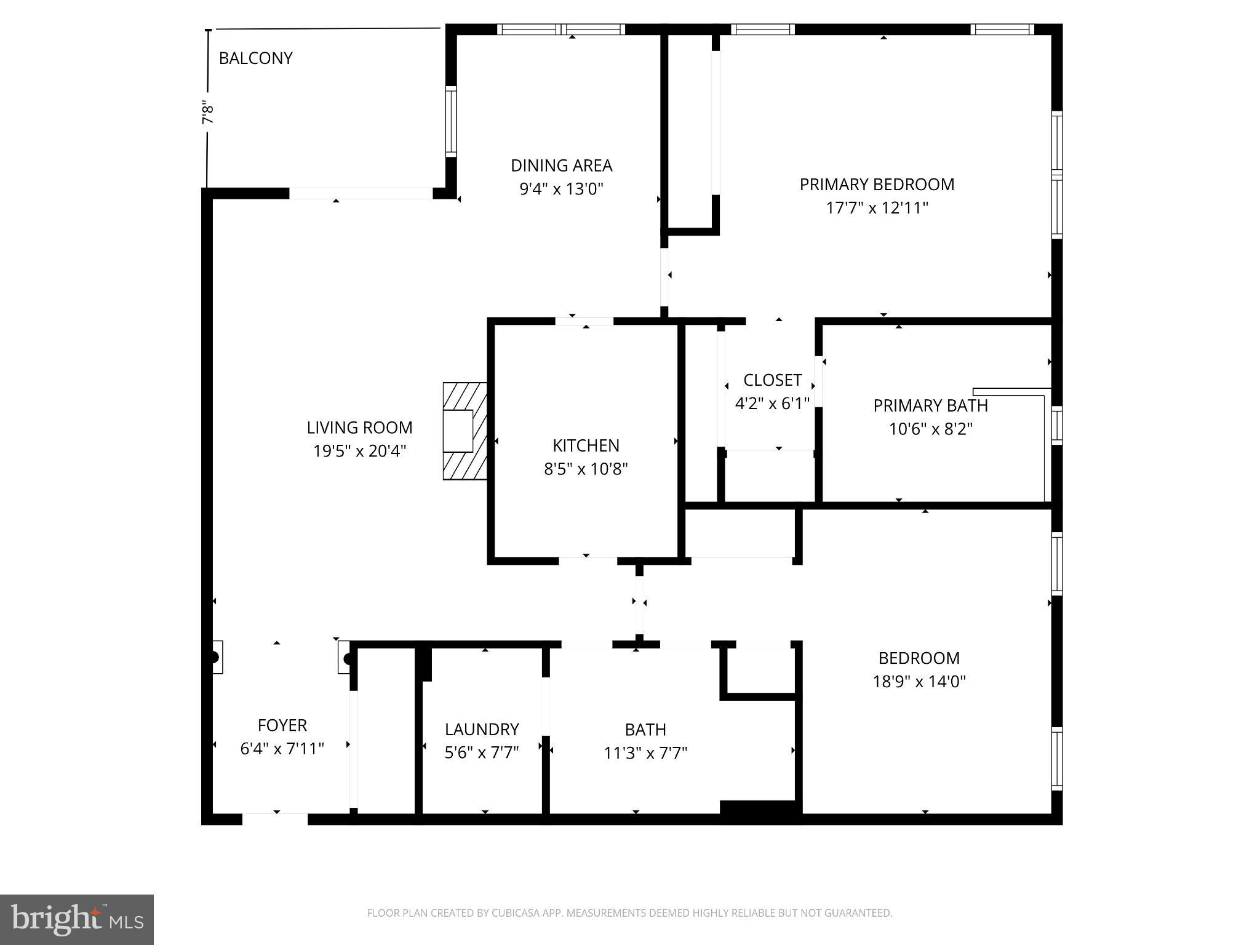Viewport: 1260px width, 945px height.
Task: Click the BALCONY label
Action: (x=255, y=58)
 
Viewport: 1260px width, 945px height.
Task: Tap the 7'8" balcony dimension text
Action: (x=208, y=113)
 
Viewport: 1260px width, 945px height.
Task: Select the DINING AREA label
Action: (x=561, y=165)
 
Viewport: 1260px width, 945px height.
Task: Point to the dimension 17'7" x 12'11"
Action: (x=876, y=208)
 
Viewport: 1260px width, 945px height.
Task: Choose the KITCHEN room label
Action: (x=585, y=445)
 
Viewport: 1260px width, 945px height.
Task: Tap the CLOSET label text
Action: (x=772, y=380)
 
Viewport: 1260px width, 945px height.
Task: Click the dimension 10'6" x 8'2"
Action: (x=930, y=429)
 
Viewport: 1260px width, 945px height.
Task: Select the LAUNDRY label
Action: (x=482, y=729)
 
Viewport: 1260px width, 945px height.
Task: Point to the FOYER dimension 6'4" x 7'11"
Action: (x=282, y=749)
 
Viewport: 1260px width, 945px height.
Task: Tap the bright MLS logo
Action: (x=77, y=919)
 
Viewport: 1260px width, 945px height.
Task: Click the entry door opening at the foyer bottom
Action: (x=274, y=819)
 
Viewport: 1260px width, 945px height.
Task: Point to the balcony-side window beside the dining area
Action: (x=451, y=121)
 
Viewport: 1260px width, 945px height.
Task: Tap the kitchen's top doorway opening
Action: (x=584, y=321)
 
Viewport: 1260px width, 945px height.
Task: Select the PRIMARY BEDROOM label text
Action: (x=877, y=185)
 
